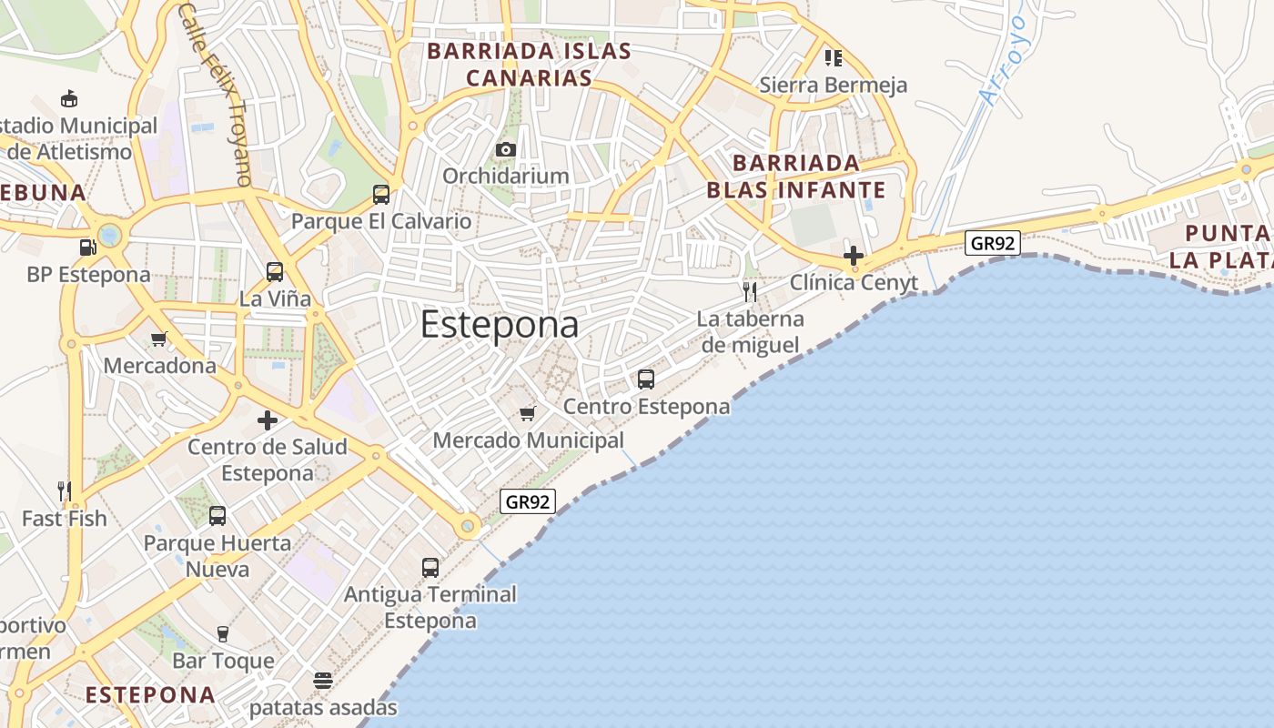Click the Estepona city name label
500,326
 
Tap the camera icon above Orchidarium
506,149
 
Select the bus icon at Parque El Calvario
381,194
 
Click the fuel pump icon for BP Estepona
87,247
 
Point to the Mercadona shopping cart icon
159,339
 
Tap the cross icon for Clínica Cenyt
853,256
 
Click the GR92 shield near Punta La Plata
992,243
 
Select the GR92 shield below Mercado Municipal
528,501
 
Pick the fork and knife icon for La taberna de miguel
750,291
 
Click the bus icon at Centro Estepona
646,379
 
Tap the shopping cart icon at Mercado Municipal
528,414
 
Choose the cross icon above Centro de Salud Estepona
268,420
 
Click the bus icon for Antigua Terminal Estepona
430,568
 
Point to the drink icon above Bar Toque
223,634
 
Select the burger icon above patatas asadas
323,681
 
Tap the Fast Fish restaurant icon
65,491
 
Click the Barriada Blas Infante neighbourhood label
795,177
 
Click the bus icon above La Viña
275,271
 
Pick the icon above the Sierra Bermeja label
833,58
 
